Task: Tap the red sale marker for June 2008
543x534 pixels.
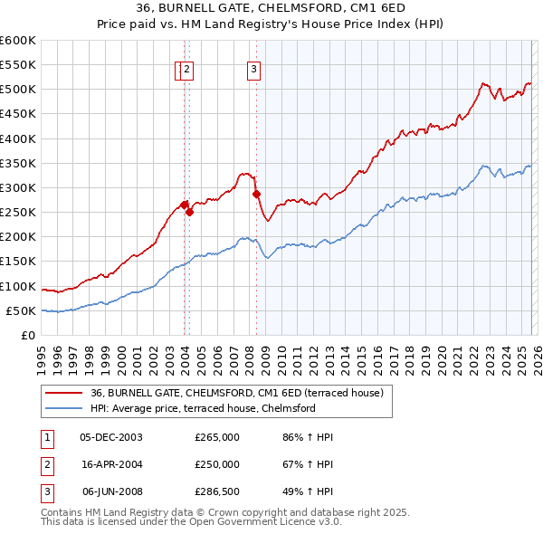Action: point(256,194)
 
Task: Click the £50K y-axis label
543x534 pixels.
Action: point(21,311)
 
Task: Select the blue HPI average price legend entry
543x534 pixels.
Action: point(202,408)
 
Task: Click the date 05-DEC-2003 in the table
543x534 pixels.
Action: point(111,437)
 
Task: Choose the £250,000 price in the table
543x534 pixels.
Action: point(217,464)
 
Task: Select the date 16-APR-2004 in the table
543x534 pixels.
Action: point(111,464)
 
